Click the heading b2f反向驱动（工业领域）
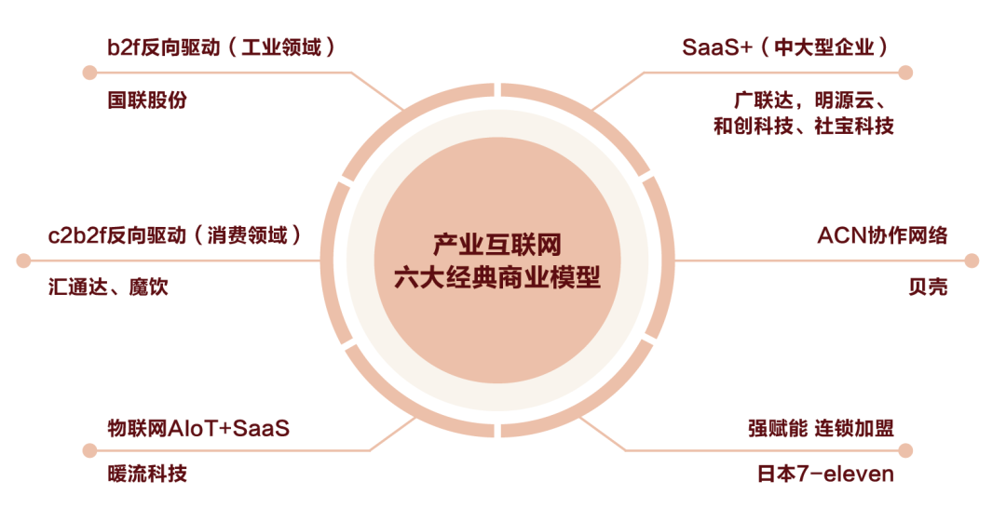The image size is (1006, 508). coord(221,47)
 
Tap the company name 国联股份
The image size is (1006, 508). coord(147,100)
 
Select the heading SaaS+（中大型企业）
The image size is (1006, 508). coord(784,47)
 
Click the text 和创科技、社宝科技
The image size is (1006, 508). coord(803,126)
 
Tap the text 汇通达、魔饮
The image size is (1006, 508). coord(109,287)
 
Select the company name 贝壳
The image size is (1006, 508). coord(928,287)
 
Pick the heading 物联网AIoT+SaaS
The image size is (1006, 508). coord(198,428)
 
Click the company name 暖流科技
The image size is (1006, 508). coord(147,474)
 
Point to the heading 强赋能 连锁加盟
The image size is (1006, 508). coord(821,428)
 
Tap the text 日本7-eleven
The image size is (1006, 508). coord(825,474)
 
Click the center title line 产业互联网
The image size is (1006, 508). coord(502,245)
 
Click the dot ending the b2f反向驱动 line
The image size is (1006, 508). coord(89,73)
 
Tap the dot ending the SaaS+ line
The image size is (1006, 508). coord(905,73)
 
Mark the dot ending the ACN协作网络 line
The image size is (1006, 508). coord(972,261)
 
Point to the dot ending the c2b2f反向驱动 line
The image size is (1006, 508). coord(24,261)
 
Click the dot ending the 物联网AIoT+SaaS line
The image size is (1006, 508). coord(89,450)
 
